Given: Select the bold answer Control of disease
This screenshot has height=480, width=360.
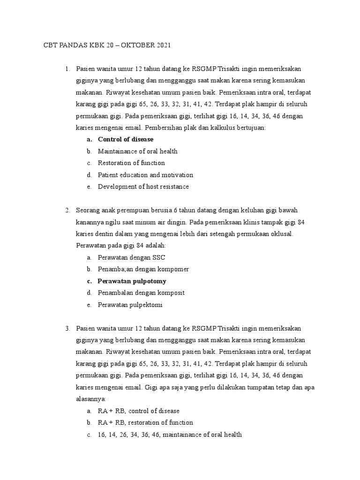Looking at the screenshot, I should tap(126, 140).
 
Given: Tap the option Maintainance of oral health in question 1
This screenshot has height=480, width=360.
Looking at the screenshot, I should tap(137, 151).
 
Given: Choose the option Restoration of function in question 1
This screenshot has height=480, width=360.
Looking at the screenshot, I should tap(131, 163).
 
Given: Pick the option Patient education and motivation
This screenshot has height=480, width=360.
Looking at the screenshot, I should tap(145, 175).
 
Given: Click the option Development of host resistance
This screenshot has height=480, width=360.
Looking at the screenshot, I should tap(143, 187).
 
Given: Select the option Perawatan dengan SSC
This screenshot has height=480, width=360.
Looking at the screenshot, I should tap(131, 257).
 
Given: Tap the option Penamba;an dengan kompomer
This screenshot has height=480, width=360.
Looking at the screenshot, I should tap(143, 269).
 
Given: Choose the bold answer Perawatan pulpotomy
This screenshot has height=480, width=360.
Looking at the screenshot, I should tap(132, 281).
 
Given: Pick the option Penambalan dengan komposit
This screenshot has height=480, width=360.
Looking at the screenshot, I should tap(141, 292).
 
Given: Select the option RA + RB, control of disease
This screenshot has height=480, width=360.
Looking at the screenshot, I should tap(139, 411).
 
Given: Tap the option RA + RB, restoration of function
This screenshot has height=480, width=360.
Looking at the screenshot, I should tap(145, 423).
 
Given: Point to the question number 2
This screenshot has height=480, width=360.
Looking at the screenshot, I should tap(67, 210).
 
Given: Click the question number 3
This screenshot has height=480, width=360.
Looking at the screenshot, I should tap(67, 328).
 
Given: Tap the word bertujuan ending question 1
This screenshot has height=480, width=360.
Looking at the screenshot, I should tap(252, 127).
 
